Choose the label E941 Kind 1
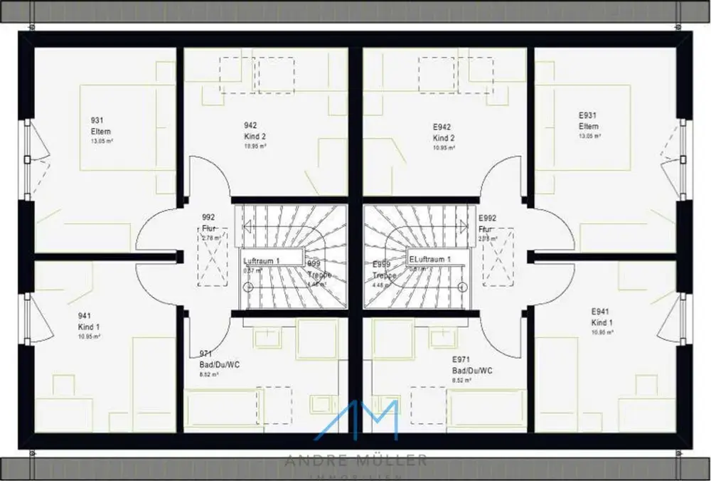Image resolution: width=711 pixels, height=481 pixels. (602, 317)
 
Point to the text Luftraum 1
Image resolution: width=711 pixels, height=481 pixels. (262, 261)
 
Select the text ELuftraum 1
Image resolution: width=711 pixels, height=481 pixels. (429, 260)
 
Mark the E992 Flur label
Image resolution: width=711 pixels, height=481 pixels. (487, 223)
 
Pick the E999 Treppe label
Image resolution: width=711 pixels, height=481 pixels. (383, 269)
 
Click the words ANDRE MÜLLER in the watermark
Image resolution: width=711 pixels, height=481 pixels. (356, 460)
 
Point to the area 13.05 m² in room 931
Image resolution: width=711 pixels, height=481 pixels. (103, 141)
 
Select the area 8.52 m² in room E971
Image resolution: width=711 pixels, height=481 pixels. (461, 381)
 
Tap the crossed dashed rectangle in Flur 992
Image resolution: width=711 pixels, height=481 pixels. (213, 257)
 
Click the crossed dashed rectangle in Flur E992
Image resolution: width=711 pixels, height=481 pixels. (498, 257)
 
